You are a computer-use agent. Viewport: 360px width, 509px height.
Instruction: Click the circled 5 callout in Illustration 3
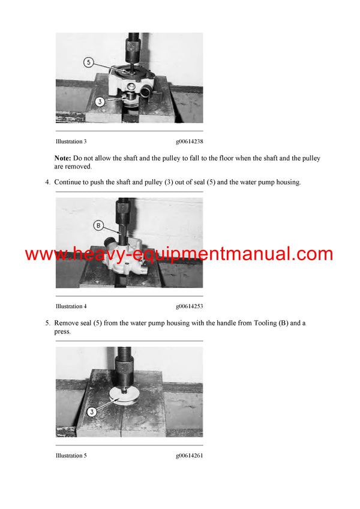(x=88, y=62)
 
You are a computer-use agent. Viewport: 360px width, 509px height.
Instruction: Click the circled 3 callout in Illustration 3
(x=100, y=101)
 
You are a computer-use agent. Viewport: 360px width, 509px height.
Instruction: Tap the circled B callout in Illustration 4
(x=99, y=225)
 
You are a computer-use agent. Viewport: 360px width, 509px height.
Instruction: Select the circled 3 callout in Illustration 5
(x=92, y=412)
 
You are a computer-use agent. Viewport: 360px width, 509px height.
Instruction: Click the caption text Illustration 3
(x=71, y=141)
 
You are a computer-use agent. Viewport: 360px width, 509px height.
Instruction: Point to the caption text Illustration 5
(x=71, y=456)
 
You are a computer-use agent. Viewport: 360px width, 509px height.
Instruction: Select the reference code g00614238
(x=189, y=141)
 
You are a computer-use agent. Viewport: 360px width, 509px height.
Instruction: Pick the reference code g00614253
(x=189, y=306)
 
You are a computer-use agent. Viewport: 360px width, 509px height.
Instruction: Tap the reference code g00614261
(x=189, y=456)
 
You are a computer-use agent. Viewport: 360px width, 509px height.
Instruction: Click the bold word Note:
(x=63, y=158)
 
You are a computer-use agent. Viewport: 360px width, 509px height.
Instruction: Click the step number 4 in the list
(x=47, y=182)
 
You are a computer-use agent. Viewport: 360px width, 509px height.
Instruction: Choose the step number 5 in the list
(x=47, y=323)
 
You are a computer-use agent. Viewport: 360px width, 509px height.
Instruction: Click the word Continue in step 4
(x=68, y=182)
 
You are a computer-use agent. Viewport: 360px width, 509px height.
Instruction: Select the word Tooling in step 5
(x=262, y=323)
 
